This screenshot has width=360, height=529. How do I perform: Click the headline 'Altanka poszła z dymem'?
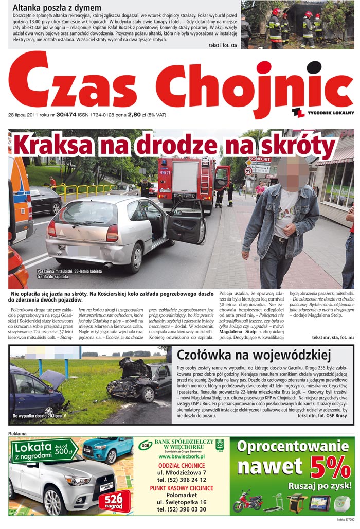[x=57, y=8]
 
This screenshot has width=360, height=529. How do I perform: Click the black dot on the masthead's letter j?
[x=314, y=67]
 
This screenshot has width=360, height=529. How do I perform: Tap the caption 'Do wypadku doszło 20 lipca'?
[x=37, y=415]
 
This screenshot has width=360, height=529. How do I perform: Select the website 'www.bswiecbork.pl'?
[x=182, y=456]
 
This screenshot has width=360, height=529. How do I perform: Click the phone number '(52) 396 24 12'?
[x=182, y=480]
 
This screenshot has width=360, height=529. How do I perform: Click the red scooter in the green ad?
[x=247, y=502]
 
